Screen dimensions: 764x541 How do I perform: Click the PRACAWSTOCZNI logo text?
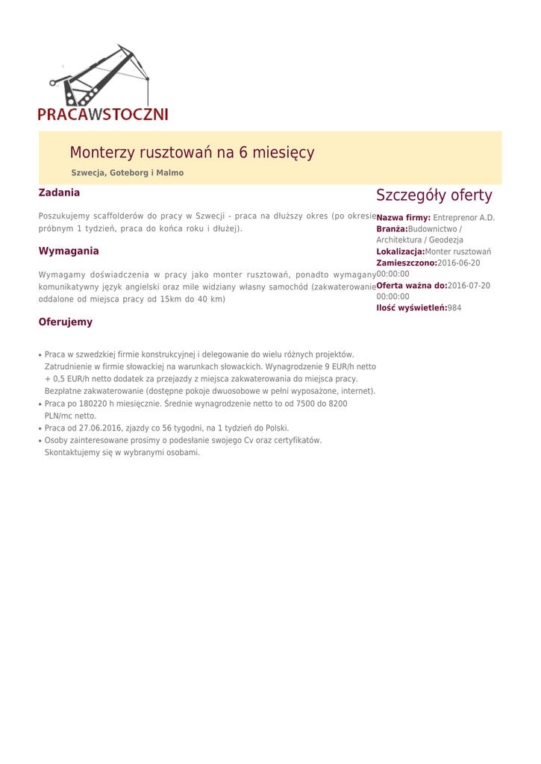[x=103, y=113]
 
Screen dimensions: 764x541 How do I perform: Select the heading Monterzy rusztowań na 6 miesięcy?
[x=192, y=152]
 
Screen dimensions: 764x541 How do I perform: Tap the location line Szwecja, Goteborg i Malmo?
[x=127, y=173]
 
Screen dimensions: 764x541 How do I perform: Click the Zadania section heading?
[x=59, y=192]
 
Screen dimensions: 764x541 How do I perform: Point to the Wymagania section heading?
[x=69, y=251]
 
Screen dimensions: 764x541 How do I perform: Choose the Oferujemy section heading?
[x=66, y=322]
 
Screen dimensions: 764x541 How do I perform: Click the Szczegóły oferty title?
[x=434, y=195]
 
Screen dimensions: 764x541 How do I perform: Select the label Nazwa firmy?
[x=403, y=217]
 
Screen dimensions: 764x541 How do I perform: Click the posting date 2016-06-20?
[x=458, y=263]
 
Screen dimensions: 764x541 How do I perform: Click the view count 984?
[x=454, y=308]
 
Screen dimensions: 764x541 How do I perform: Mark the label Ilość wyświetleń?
[x=411, y=308]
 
